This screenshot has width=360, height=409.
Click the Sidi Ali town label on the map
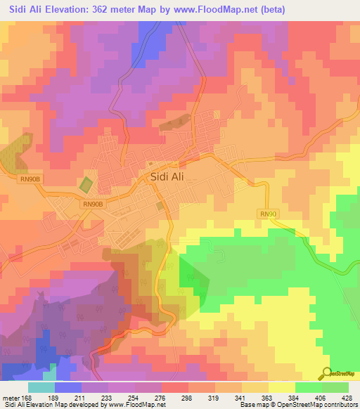167,177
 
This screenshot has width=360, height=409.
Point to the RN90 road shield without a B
268,214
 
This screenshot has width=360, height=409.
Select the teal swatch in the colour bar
41,388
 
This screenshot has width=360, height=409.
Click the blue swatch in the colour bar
68,388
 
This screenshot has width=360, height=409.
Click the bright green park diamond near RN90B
86,186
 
